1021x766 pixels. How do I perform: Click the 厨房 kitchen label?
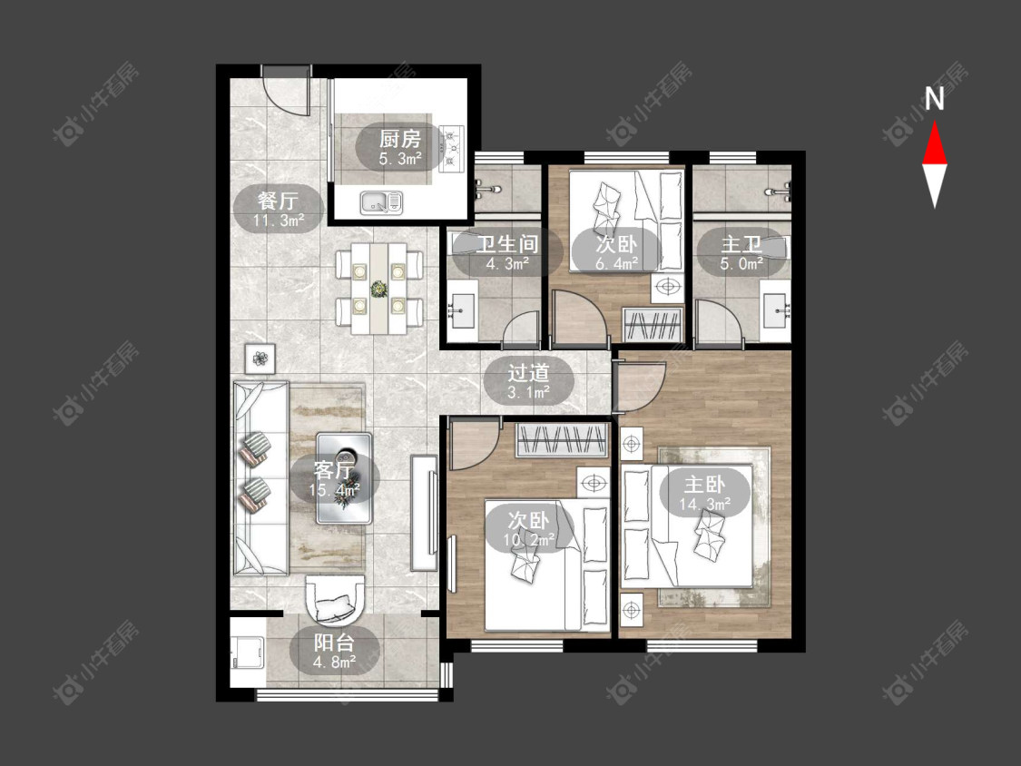click(x=400, y=139)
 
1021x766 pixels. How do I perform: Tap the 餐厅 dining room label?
click(x=278, y=200)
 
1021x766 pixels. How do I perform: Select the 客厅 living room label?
click(x=334, y=469)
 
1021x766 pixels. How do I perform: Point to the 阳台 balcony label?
click(x=334, y=643)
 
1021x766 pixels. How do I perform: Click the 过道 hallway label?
click(x=529, y=373)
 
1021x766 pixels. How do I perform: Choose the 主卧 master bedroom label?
click(x=704, y=485)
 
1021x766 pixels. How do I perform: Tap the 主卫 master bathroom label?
click(x=741, y=245)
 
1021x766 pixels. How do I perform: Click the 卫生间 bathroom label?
click(x=507, y=245)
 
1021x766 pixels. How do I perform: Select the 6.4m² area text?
click(x=616, y=264)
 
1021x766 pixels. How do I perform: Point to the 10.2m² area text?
click(x=529, y=540)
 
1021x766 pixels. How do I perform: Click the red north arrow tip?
click(x=935, y=121)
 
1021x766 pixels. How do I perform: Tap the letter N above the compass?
click(x=935, y=99)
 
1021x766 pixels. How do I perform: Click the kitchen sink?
click(x=381, y=202)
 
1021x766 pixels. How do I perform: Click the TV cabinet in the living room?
click(x=424, y=514)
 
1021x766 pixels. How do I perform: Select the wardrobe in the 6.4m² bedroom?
click(x=653, y=324)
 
